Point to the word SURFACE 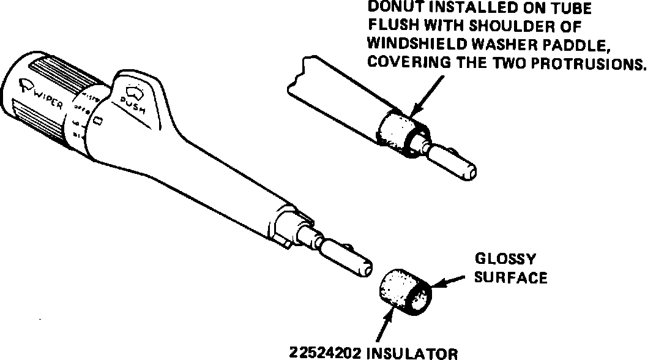tap(510, 277)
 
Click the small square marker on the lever tap(98, 122)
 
